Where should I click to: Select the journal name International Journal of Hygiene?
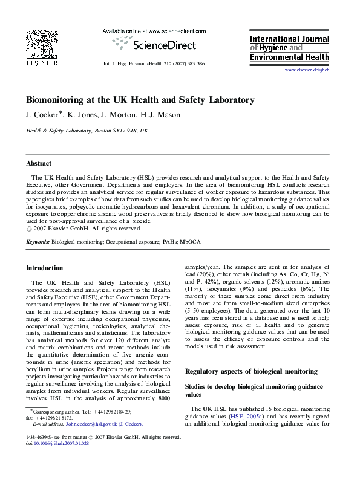tap(290, 40)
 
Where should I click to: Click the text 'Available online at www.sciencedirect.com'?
tap(154, 30)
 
